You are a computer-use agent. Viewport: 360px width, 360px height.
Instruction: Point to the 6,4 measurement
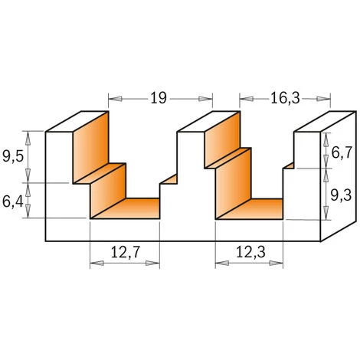coord(13,202)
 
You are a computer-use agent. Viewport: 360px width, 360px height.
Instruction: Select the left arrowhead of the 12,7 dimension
coord(94,263)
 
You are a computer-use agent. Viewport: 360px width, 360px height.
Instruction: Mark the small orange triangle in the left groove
coord(170,180)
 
